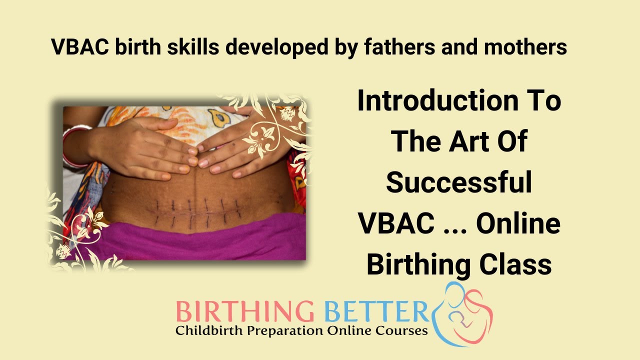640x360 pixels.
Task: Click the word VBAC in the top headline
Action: [79, 47]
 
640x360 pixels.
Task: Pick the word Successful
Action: [458, 183]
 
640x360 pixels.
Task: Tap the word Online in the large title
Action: [517, 224]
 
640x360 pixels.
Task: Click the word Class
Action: [520, 265]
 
